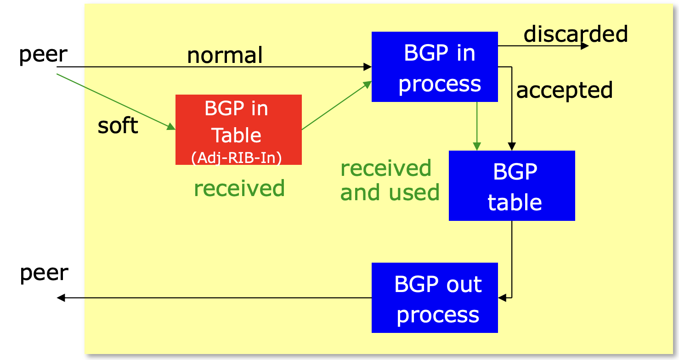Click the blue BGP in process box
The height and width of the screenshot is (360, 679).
coord(435,67)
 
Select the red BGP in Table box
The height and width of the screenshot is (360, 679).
coord(238,129)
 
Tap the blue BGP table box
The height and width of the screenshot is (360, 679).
coord(512,186)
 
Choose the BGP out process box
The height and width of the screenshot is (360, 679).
coord(435,298)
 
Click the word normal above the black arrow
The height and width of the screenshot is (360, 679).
coord(225,55)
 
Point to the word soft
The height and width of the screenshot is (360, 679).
coord(118,125)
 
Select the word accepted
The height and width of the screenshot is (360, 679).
coord(565,90)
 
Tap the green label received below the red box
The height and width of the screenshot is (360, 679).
coord(239,188)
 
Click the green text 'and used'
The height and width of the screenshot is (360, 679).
coord(390,192)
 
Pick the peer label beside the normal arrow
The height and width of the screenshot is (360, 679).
coord(43,55)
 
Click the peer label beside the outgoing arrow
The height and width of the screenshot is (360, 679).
coord(44,273)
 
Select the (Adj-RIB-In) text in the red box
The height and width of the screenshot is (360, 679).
coord(237,157)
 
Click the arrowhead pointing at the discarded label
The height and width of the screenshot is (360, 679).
coord(585,46)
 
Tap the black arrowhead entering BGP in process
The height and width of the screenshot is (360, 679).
coord(368,67)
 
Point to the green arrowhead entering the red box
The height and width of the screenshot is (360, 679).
coord(171,127)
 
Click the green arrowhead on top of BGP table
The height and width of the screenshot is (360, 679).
coord(477,146)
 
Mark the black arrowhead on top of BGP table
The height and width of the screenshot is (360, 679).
coord(512,146)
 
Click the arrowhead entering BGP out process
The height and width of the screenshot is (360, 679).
coord(502,298)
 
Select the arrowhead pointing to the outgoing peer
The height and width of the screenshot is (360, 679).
coord(61,298)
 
